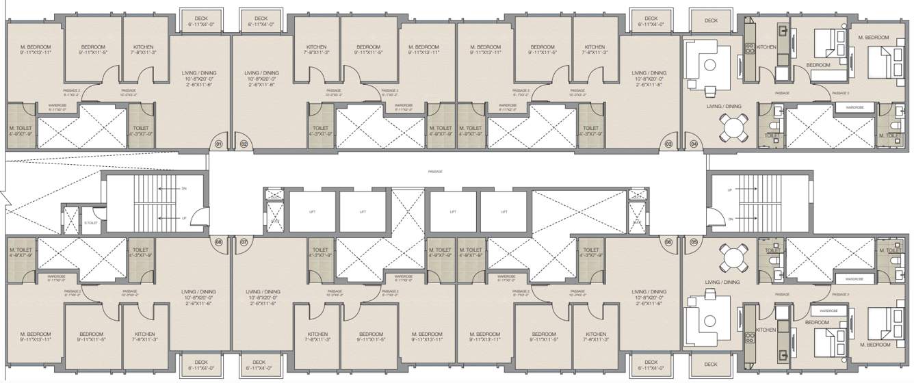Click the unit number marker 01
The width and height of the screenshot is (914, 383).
click(219, 144)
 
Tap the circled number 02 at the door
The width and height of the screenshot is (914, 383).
click(244, 144)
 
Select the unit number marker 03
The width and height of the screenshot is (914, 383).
click(668, 144)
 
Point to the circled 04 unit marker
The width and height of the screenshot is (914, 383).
click(694, 144)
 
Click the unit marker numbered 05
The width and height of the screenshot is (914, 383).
click(694, 241)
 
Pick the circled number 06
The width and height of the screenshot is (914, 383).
click(668, 241)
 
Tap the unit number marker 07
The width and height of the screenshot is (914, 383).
click(244, 241)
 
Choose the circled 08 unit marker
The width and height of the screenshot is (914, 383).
click(219, 241)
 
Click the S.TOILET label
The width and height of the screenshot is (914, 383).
click(90, 223)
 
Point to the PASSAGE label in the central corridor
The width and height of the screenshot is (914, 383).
click(432, 172)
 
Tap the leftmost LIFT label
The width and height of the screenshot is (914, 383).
click(313, 213)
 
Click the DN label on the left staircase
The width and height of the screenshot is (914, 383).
click(183, 187)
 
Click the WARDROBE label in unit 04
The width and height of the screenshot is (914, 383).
click(854, 107)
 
